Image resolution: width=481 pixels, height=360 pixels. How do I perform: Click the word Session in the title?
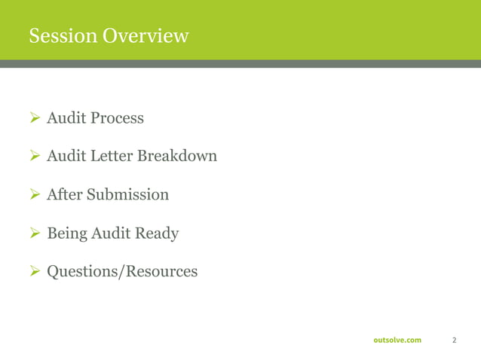tap(63, 35)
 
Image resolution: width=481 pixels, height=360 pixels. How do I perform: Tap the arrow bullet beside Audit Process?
tap(34, 118)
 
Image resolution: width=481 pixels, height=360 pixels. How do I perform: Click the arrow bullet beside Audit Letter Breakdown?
tap(34, 157)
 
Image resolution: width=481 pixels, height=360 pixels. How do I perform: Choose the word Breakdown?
tap(177, 157)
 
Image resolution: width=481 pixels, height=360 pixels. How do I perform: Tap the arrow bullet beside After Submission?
tap(34, 195)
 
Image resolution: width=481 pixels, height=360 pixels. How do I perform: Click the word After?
tap(64, 195)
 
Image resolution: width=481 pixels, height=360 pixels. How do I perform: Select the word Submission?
tap(127, 195)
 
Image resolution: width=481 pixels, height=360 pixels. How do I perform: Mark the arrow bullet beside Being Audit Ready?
tap(34, 233)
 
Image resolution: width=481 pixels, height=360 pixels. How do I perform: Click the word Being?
tap(66, 233)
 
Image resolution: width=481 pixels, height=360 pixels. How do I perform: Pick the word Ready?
tap(157, 233)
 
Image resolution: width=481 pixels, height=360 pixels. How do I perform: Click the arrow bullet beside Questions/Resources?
tap(34, 271)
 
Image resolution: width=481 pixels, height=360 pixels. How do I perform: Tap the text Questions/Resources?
tap(122, 271)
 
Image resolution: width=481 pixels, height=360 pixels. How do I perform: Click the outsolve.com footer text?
tap(397, 340)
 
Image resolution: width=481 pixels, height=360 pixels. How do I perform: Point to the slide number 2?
tap(454, 340)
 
